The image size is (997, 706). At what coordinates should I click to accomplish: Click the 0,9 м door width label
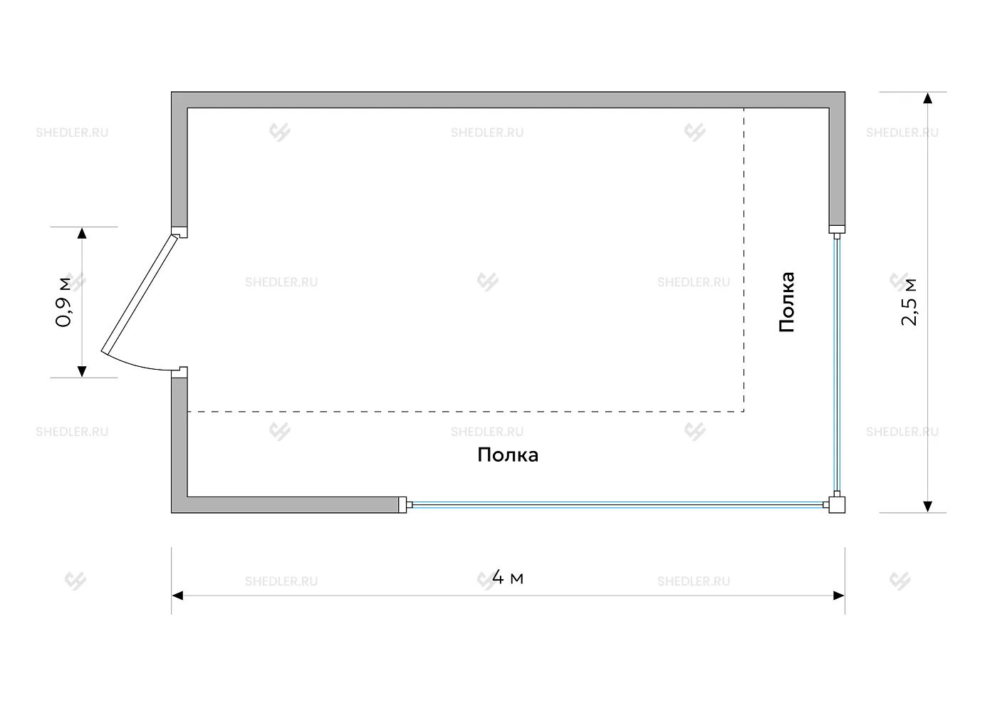[x=63, y=302]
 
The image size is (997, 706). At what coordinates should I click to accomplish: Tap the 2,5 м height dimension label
[x=909, y=302]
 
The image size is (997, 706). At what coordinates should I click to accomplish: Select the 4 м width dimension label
[x=508, y=577]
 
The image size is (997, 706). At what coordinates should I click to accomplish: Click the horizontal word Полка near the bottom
[x=508, y=455]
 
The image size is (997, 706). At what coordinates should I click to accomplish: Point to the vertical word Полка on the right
[x=787, y=302]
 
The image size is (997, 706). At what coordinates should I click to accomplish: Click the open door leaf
[x=140, y=294]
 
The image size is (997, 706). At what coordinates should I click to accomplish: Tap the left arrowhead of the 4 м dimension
[x=177, y=596]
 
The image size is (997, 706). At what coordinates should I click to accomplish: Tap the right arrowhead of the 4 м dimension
[x=839, y=596]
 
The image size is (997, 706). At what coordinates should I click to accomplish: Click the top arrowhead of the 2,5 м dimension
[x=927, y=98]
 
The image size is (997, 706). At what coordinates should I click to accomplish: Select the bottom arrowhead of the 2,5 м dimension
[x=927, y=507]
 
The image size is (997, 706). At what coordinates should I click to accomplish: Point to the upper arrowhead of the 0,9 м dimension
[x=82, y=233]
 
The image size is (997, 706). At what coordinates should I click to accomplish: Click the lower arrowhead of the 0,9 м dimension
[x=82, y=372]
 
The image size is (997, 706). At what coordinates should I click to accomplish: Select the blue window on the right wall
[x=837, y=365]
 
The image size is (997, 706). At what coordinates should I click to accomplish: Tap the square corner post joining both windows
[x=837, y=505]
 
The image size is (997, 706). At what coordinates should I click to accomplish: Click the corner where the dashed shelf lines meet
[x=743, y=412]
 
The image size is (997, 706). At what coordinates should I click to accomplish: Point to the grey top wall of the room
[x=508, y=100]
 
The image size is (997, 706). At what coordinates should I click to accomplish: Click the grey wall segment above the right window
[x=837, y=165]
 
